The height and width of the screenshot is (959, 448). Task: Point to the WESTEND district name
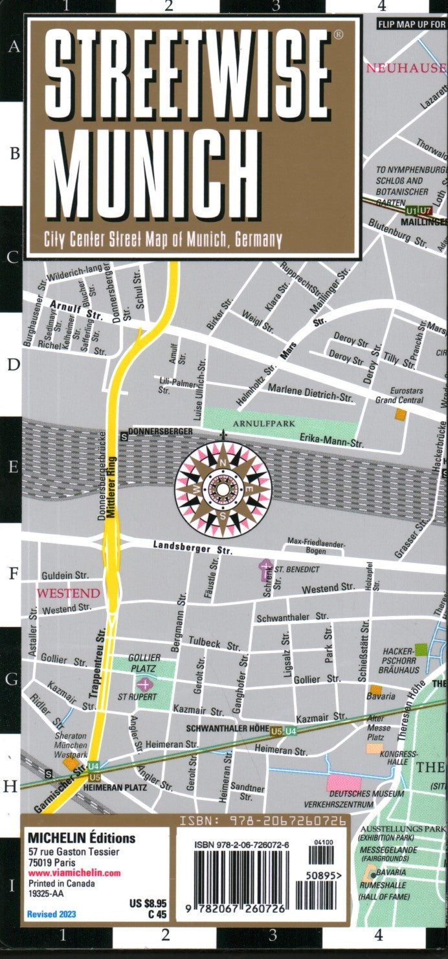click(68, 593)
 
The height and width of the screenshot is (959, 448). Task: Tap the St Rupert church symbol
click(144, 683)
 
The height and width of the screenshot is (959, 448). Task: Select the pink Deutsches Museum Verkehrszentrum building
click(343, 783)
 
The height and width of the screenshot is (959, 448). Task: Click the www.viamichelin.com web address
click(74, 873)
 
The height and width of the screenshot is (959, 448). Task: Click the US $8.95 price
click(148, 903)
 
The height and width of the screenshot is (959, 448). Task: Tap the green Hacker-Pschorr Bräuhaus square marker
click(421, 649)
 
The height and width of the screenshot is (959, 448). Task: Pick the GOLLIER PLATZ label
click(144, 662)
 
